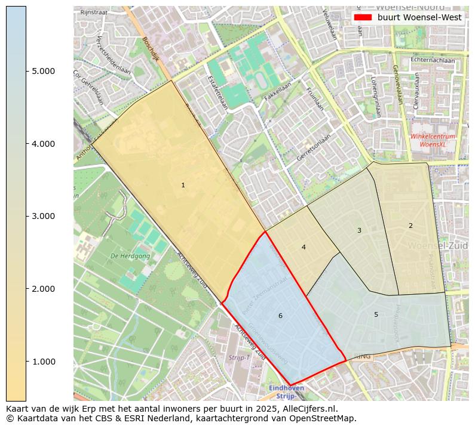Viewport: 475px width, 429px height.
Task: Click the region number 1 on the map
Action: (x=183, y=186)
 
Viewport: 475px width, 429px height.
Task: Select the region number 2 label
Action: (x=410, y=226)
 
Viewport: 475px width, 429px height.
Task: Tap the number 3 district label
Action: (x=359, y=230)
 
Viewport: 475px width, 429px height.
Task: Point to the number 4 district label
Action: (x=304, y=247)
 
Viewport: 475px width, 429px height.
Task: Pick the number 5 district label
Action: (x=376, y=314)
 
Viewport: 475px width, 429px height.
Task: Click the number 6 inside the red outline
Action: (x=280, y=316)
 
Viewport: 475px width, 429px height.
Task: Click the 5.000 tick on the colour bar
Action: (x=44, y=71)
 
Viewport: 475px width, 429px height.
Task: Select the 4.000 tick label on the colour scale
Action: (x=44, y=144)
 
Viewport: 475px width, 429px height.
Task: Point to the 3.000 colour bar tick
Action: (x=44, y=216)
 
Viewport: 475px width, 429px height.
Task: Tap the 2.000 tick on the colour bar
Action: (x=44, y=289)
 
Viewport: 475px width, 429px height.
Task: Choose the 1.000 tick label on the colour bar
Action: (x=44, y=361)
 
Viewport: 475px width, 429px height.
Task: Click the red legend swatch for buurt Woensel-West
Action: (x=363, y=17)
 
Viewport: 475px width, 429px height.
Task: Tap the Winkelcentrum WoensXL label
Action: (x=433, y=140)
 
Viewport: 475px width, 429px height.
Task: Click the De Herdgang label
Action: (x=130, y=256)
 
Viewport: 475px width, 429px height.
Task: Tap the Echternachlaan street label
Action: (x=433, y=60)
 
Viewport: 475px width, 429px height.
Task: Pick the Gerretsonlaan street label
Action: (x=314, y=148)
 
